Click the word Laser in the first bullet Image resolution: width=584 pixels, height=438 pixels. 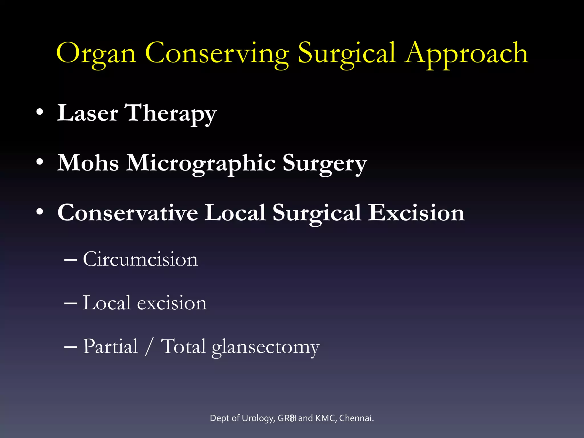87,113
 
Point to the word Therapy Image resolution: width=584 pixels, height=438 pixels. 171,113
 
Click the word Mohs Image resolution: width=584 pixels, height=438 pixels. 88,163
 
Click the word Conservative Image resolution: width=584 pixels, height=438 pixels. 127,213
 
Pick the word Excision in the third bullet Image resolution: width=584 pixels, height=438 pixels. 416,213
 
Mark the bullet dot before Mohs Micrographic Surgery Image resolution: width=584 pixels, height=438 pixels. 40,162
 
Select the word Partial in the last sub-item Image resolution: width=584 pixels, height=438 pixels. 110,347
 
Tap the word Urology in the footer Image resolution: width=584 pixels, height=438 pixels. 258,418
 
